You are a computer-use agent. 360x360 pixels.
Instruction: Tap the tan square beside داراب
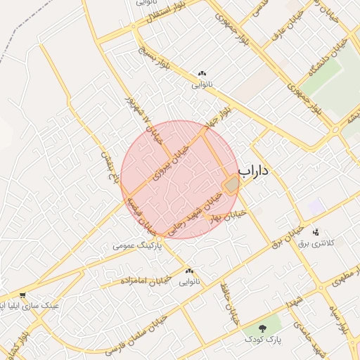[x=231, y=185]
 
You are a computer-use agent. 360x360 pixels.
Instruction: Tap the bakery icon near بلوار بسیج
[x=202, y=73]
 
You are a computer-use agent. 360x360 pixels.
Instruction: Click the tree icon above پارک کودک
[x=263, y=328]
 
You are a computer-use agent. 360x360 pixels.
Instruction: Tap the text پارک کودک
[x=263, y=340]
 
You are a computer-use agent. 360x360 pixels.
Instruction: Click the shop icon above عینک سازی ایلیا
[x=23, y=295]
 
